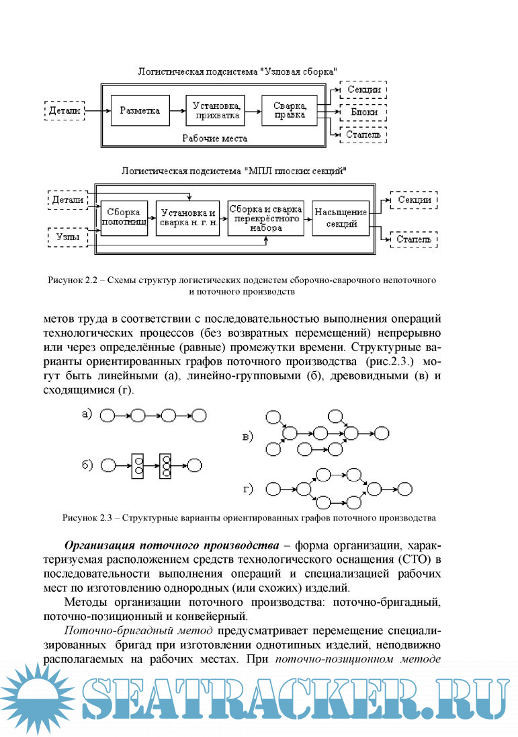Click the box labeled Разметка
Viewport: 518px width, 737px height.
coord(140,110)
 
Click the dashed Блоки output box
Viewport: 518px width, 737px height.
coord(363,112)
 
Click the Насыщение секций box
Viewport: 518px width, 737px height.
coord(341,217)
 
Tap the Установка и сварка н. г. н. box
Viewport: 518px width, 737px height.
coord(187,217)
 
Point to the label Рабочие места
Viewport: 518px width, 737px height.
coord(215,139)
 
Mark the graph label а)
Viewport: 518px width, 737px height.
coord(87,414)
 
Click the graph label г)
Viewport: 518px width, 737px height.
coord(248,488)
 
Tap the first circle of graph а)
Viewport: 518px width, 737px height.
coord(107,416)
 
